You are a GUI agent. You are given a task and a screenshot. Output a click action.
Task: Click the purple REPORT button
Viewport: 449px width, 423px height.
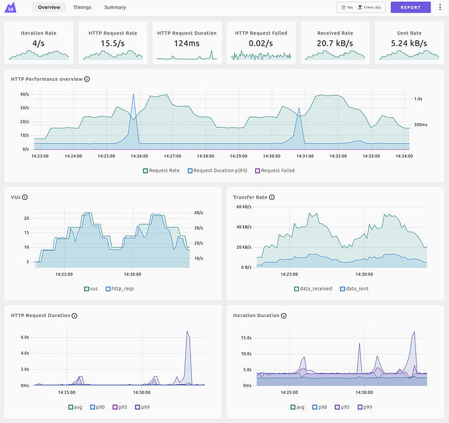coord(410,7)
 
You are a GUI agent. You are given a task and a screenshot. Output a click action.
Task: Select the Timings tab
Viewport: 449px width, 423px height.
coord(83,7)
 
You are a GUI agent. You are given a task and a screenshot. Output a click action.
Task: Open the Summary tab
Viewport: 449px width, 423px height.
coord(114,7)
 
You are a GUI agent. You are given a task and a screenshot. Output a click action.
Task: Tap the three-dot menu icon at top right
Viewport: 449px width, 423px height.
coord(440,7)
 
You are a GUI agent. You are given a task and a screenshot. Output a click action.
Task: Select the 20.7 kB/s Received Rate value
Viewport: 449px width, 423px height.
coord(335,43)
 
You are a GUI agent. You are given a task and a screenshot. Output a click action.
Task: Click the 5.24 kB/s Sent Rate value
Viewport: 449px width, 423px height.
coord(409,43)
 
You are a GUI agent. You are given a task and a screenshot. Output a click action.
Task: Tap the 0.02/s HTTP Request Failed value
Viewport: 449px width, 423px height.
coord(261,43)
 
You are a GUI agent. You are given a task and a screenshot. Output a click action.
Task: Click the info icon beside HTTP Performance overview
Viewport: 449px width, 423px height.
coord(87,79)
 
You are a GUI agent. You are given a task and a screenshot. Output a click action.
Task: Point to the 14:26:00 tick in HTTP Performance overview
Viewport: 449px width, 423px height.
coord(139,156)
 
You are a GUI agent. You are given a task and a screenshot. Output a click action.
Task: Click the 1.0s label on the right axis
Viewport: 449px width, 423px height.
coord(419,99)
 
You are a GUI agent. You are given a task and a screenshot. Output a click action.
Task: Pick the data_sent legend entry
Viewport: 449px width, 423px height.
coord(354,289)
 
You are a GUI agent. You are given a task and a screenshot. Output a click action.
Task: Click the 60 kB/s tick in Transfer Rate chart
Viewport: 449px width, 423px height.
coord(243,207)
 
